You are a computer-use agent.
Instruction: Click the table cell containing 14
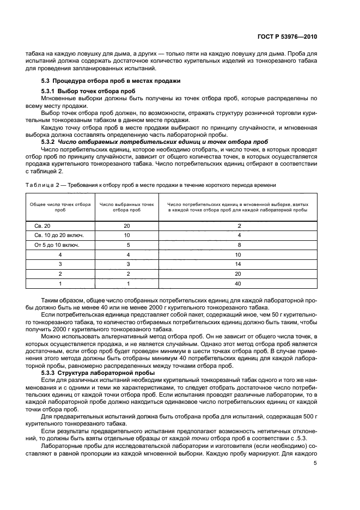point(237,264)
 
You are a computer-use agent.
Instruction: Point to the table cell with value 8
point(237,245)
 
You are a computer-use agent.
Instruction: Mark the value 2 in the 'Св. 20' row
point(237,226)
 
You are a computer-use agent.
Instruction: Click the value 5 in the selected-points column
point(126,245)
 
